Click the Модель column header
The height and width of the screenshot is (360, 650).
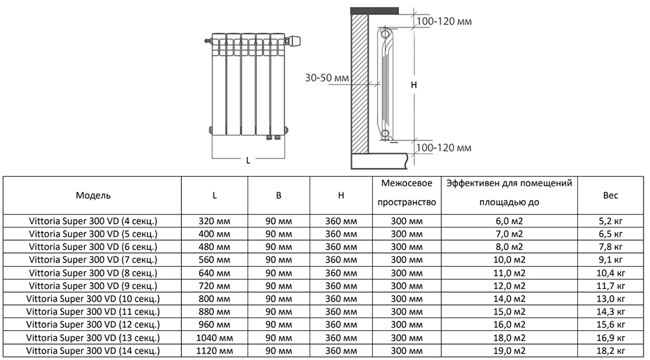click(93, 195)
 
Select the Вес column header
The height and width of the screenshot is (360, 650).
click(610, 195)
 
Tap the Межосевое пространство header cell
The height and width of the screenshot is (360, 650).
click(407, 193)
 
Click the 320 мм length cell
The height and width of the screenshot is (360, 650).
click(214, 221)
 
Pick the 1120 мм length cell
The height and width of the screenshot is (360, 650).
click(214, 351)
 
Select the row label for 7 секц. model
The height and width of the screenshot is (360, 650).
click(93, 260)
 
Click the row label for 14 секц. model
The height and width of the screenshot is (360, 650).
click(93, 351)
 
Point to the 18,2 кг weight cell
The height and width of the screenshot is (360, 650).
click(610, 351)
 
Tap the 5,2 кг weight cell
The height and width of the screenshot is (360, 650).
click(610, 221)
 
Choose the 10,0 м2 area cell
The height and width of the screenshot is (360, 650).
click(509, 260)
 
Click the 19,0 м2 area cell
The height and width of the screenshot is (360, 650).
click(509, 351)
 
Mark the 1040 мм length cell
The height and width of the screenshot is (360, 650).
click(214, 338)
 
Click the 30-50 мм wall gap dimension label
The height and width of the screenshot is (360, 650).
click(327, 77)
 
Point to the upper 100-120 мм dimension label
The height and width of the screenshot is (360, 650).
click(444, 21)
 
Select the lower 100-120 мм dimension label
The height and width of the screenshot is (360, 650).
click(444, 148)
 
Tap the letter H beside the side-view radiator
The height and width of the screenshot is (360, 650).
click(414, 85)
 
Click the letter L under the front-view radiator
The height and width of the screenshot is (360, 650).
click(248, 161)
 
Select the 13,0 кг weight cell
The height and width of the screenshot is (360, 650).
click(610, 299)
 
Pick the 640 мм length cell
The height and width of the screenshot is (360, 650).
click(214, 273)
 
